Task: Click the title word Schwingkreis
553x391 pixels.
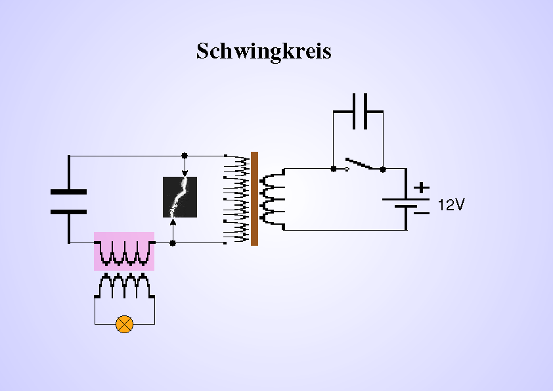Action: coord(263,51)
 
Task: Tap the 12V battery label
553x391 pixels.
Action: coord(451,205)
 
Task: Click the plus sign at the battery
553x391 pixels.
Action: coord(422,187)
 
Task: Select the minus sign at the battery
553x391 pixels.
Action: coord(422,212)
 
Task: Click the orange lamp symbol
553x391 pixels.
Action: coord(124,324)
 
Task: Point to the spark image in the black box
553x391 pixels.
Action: coord(179,197)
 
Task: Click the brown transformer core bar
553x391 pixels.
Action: coord(254,198)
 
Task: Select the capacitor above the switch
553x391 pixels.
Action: coord(358,112)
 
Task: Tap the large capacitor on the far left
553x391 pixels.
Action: coord(69,202)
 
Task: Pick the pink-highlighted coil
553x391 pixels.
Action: coord(124,250)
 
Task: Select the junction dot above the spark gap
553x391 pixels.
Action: coord(185,156)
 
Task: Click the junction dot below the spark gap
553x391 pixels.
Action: coord(173,242)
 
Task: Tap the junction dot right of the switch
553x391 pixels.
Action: coord(383,169)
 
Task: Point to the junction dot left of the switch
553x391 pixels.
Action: coord(334,169)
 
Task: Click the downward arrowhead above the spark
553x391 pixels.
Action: coord(185,173)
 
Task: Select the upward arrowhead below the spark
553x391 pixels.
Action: coord(173,221)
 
